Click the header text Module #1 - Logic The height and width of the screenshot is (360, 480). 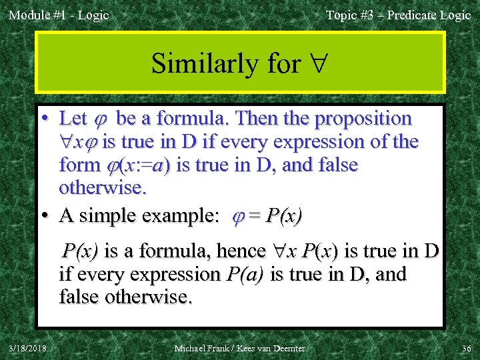tap(59, 15)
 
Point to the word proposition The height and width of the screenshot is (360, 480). tap(363, 119)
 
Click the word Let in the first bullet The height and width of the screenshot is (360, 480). tap(73, 119)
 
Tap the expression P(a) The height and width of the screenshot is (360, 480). tap(245, 274)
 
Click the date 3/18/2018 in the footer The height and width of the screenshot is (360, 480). tap(27, 349)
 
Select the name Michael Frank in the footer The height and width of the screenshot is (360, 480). tap(200, 349)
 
